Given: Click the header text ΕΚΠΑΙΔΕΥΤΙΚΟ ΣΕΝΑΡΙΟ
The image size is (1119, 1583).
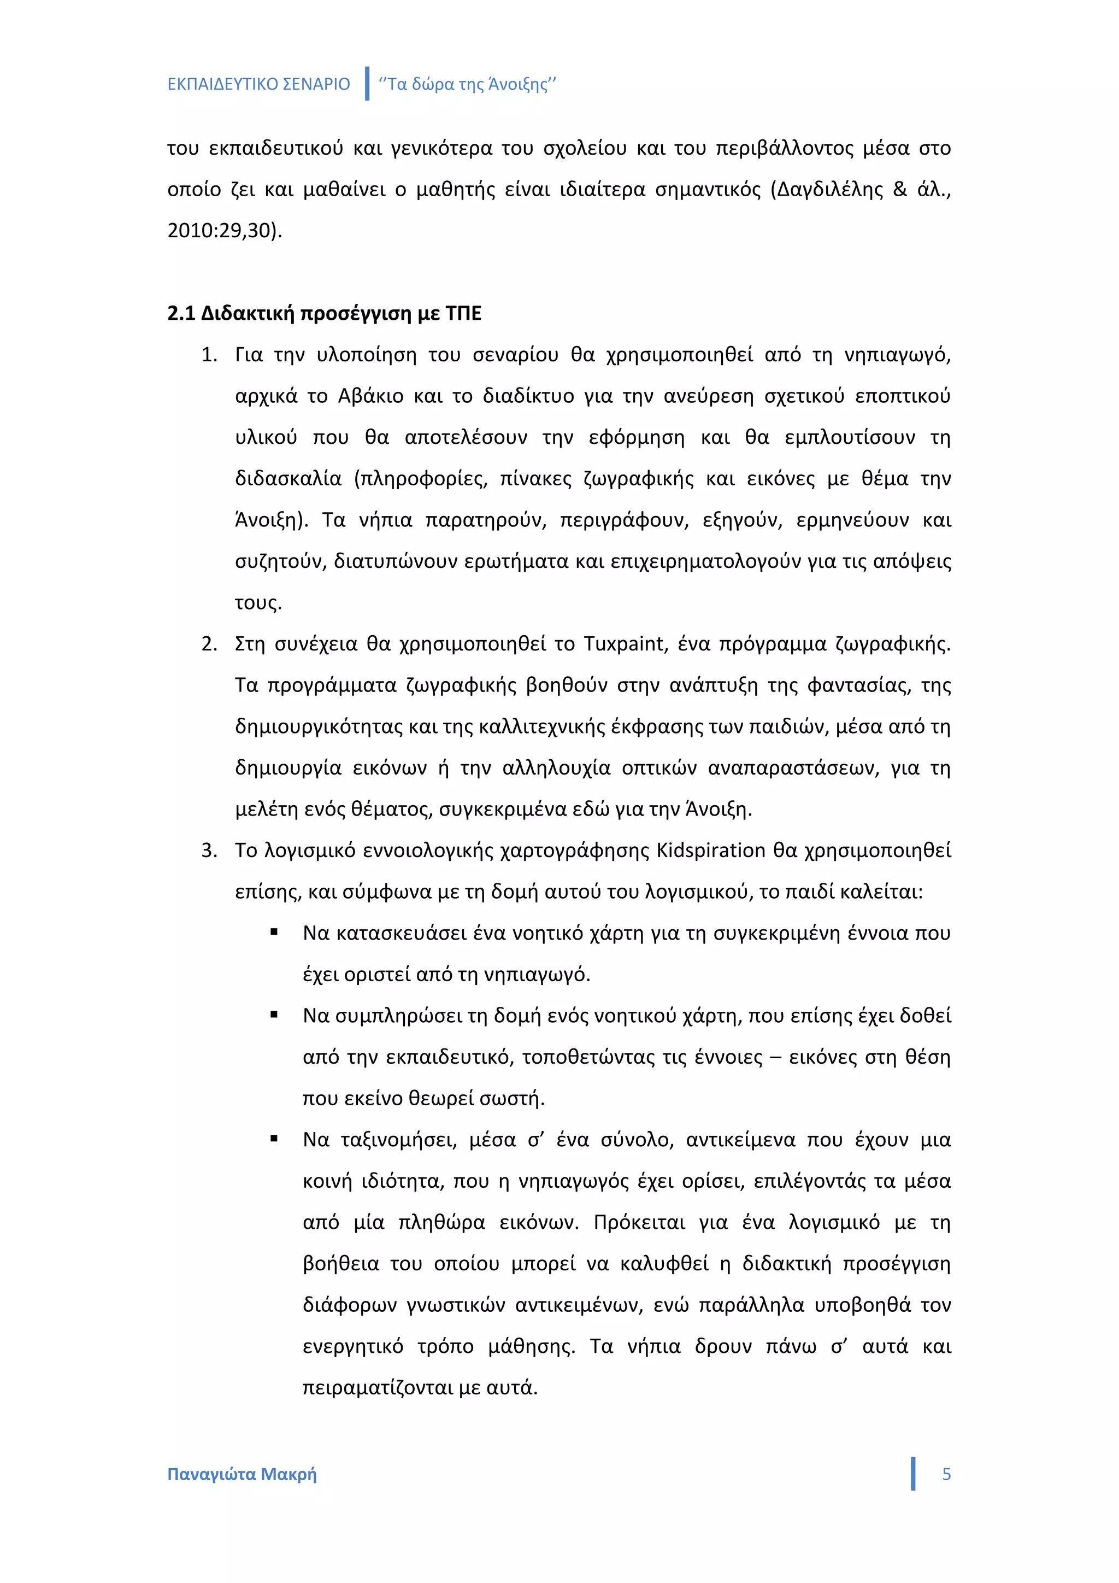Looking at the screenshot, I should click(258, 84).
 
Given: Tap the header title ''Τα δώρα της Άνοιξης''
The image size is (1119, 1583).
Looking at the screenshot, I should click(467, 84).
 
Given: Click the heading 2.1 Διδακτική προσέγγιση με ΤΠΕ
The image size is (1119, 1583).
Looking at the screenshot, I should click(324, 313).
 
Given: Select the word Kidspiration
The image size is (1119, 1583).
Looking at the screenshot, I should click(710, 850).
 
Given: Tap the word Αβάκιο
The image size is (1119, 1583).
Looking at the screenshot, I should click(370, 396).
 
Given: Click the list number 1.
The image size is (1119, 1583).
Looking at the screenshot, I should click(208, 355).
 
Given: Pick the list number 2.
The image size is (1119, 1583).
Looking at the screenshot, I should click(208, 644).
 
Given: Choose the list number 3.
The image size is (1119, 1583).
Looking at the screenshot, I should click(208, 851).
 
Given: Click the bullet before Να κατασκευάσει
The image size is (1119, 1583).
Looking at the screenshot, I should click(274, 932).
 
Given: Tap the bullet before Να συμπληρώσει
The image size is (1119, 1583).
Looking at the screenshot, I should click(274, 1015).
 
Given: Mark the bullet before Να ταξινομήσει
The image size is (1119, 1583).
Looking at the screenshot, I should click(274, 1139).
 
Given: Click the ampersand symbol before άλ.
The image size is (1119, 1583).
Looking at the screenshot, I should click(900, 189).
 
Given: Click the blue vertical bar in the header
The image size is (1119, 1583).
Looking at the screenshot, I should click(367, 84).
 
